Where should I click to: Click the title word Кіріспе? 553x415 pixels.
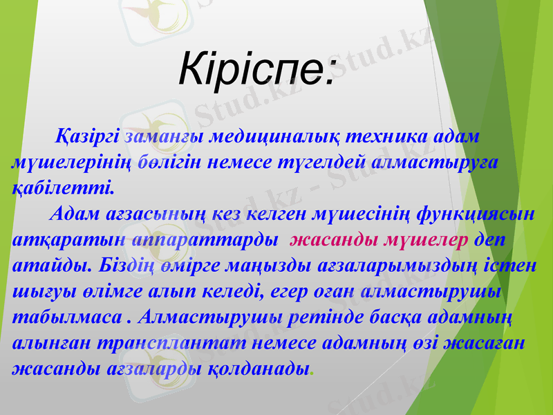[x=256, y=67]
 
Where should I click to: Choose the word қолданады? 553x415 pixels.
[x=257, y=368]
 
